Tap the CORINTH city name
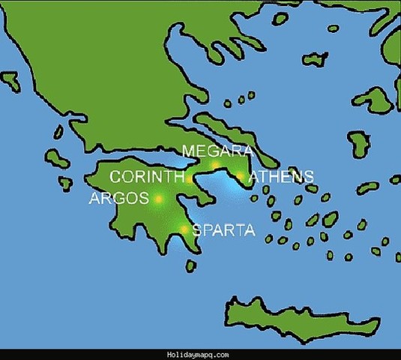(x=147, y=178)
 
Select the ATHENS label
(x=280, y=178)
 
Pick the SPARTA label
(x=224, y=230)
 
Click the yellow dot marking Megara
(x=215, y=165)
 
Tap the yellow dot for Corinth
(x=190, y=179)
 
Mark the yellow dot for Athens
(x=240, y=177)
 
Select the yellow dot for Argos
(x=158, y=199)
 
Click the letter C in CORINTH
(x=115, y=178)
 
